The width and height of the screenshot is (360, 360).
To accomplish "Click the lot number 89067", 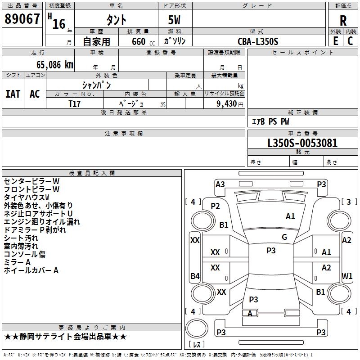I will [22, 19].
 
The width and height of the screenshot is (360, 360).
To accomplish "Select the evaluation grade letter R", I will [343, 20].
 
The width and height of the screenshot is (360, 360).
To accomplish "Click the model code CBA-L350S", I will [258, 41].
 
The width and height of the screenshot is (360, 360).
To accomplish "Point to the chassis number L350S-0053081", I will [302, 144].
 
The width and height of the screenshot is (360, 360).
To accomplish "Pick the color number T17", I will [75, 103].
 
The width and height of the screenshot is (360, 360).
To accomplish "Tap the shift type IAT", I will [13, 94].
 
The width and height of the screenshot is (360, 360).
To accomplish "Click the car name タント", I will [116, 20].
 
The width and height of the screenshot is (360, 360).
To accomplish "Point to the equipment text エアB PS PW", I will [270, 121].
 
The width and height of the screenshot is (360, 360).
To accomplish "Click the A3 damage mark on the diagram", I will [220, 184].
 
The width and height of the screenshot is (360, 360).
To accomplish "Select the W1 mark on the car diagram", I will [347, 275].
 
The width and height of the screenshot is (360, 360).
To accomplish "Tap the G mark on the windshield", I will [284, 237].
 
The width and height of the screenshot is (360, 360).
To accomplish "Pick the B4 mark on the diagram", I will [195, 276].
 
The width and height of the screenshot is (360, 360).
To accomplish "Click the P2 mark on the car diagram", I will [215, 206].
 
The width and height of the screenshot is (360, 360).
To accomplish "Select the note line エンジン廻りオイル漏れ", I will [42, 221].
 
